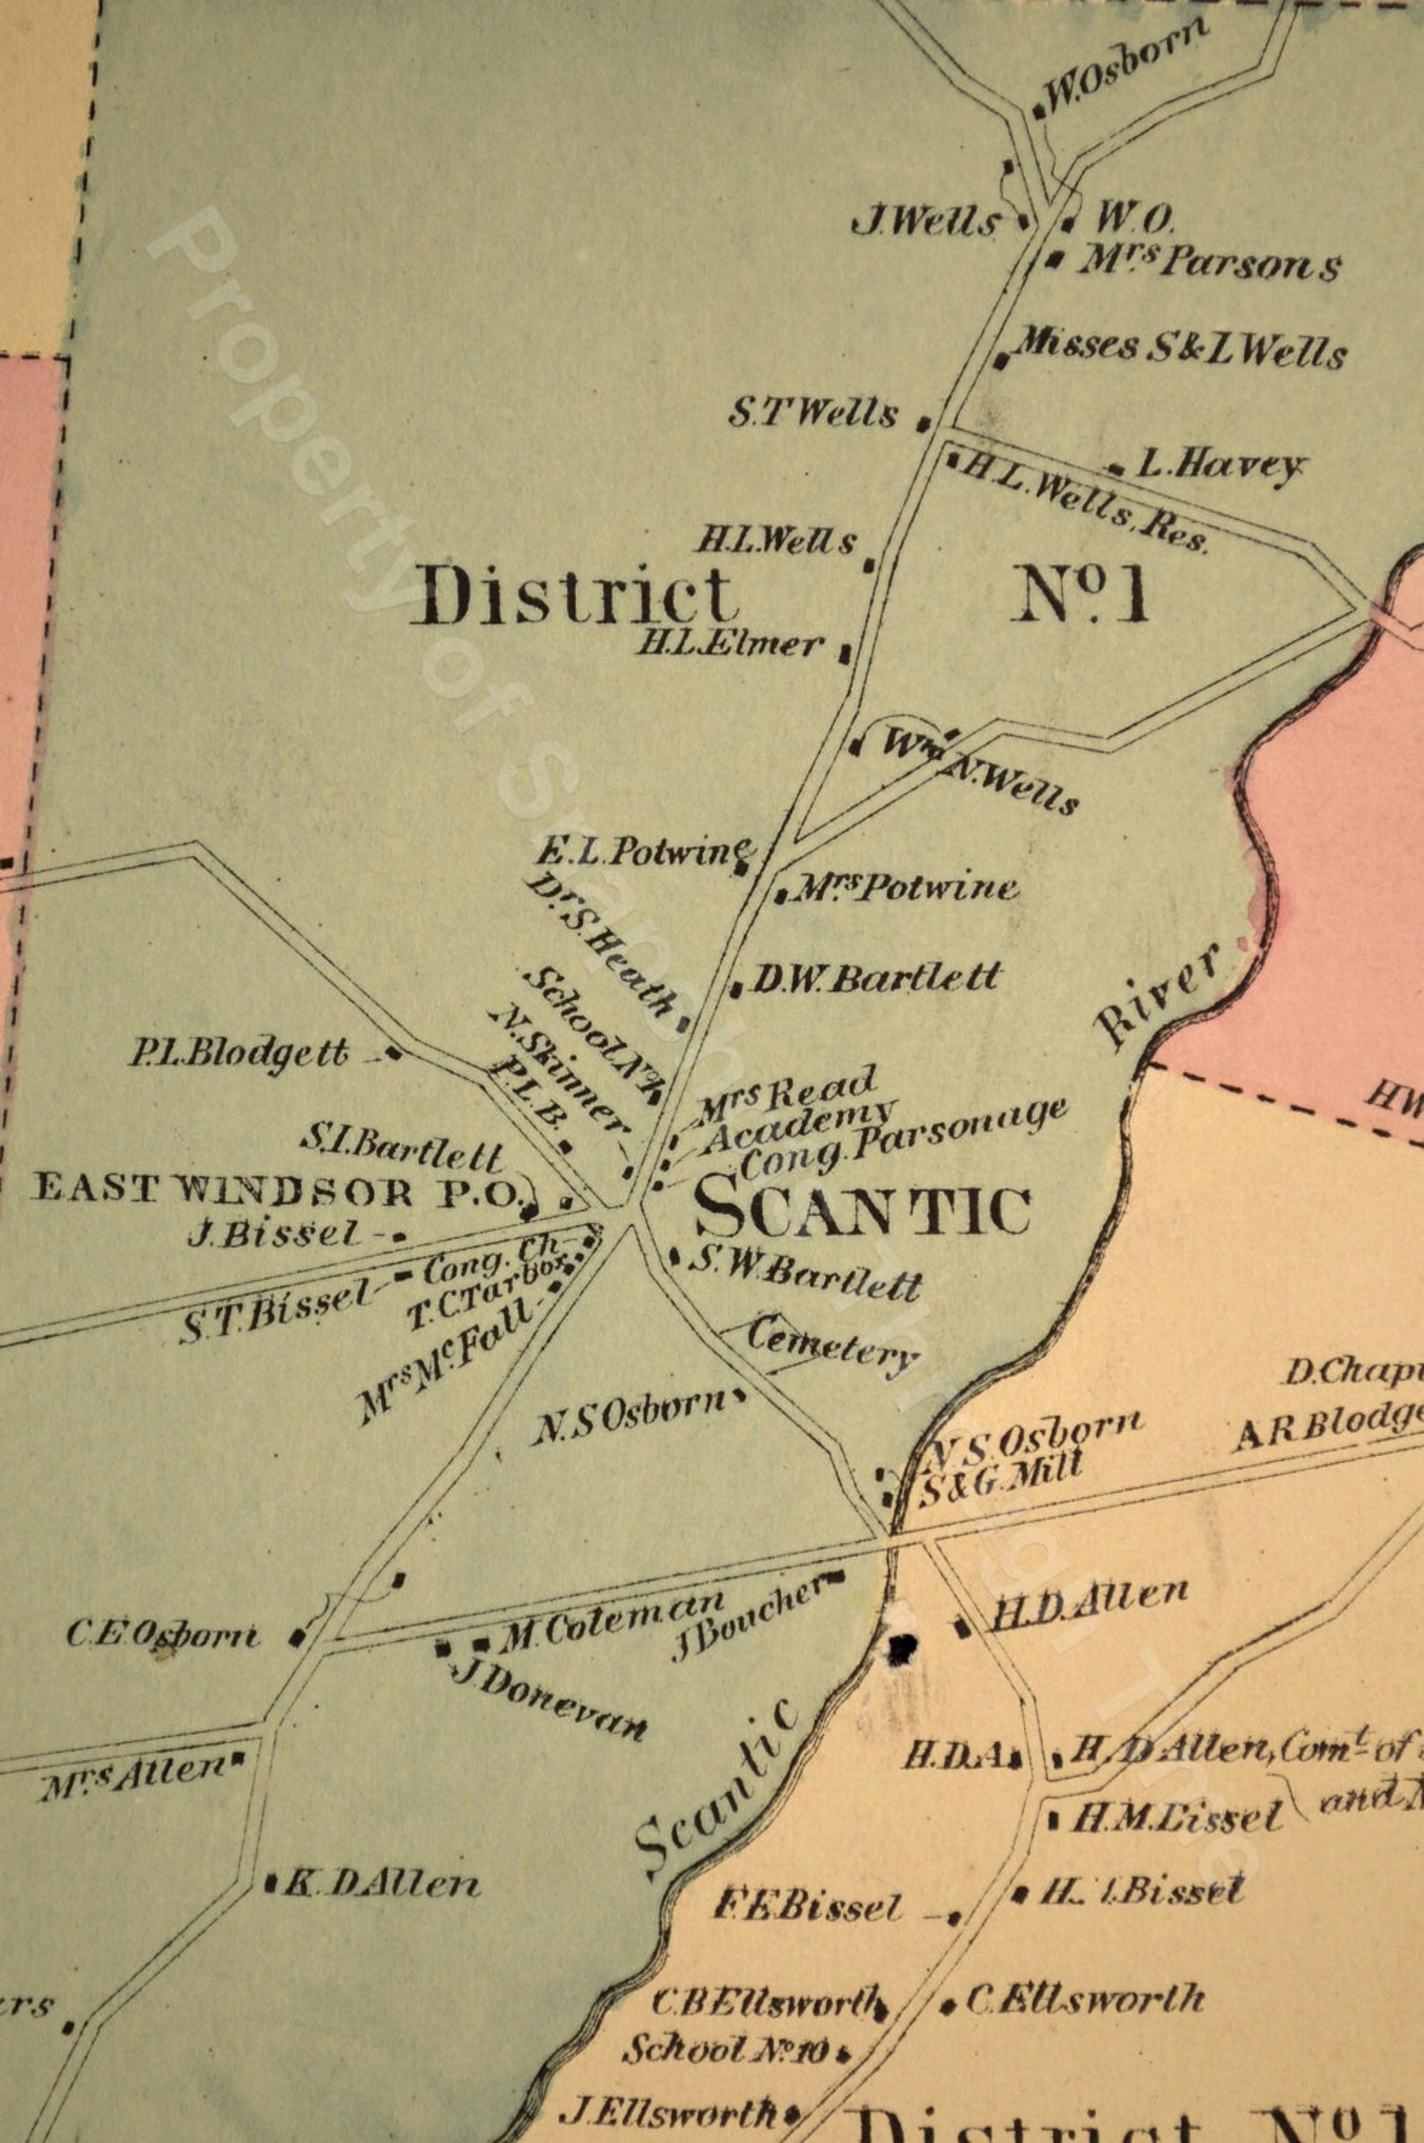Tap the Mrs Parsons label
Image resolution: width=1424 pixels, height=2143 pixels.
coord(1208,264)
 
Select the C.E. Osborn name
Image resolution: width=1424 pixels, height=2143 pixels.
coord(163,1635)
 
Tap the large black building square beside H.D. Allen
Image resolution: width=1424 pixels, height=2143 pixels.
coord(903,1645)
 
